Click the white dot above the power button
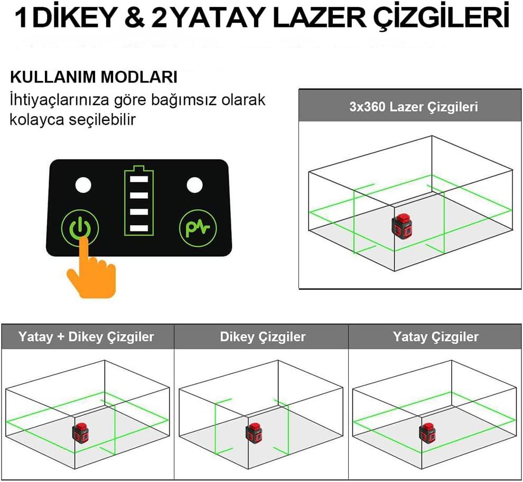[x=83, y=186]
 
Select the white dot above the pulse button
[x=194, y=185]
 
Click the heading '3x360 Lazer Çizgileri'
[x=414, y=107]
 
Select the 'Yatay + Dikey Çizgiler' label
[x=86, y=337]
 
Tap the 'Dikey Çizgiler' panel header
[x=263, y=337]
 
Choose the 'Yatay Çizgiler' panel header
[x=435, y=337]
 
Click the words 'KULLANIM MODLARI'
[x=94, y=77]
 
